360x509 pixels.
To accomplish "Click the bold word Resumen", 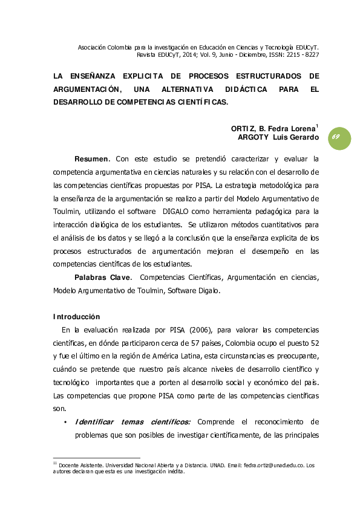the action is pos(91,159).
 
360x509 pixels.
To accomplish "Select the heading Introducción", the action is pos(76,317).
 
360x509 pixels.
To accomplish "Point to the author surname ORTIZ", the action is pos(243,129).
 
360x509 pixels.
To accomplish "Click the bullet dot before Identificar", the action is pos(65,422).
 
